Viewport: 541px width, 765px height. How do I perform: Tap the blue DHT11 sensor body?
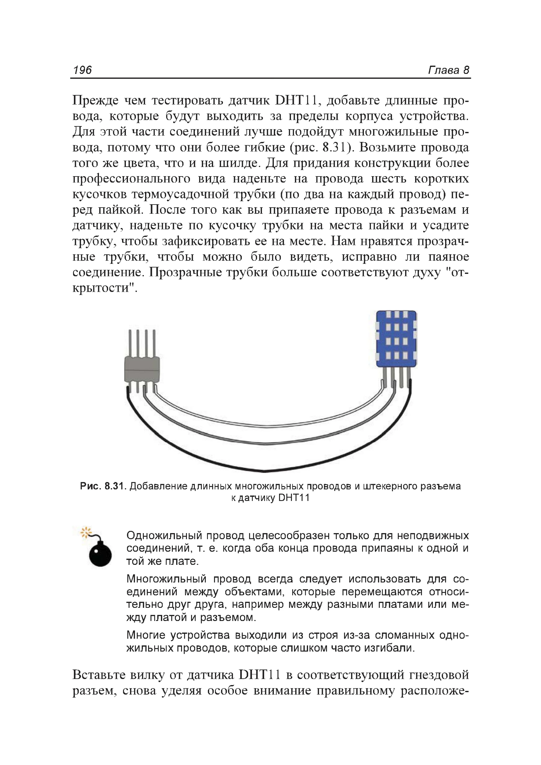[x=396, y=339]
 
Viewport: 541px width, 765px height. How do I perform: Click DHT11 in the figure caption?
[x=293, y=498]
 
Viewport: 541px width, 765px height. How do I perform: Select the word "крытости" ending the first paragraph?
[x=104, y=288]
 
